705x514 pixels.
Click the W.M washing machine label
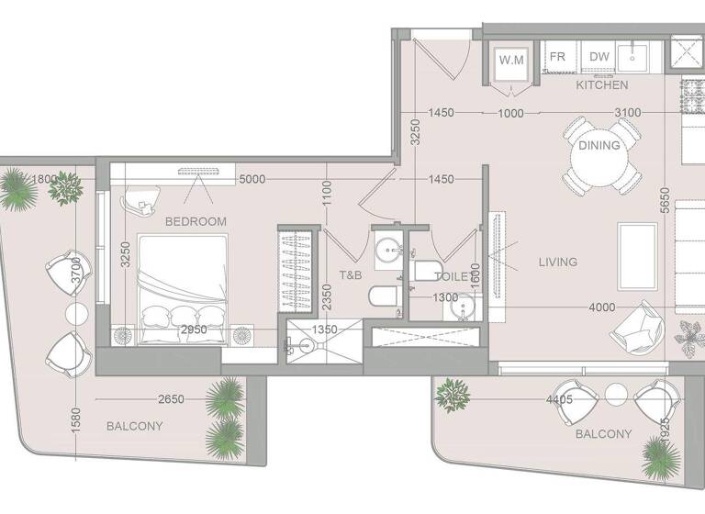pyautogui.click(x=510, y=60)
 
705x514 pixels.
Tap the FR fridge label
pyautogui.click(x=557, y=57)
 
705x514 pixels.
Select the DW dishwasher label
pyautogui.click(x=599, y=57)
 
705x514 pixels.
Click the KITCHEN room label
pyautogui.click(x=602, y=85)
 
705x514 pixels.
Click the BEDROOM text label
pyautogui.click(x=196, y=222)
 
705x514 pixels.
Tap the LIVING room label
pyautogui.click(x=558, y=263)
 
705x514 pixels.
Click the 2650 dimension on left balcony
pyautogui.click(x=173, y=399)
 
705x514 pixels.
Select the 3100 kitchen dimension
pyautogui.click(x=628, y=113)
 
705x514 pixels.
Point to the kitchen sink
pyautogui.click(x=633, y=58)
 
